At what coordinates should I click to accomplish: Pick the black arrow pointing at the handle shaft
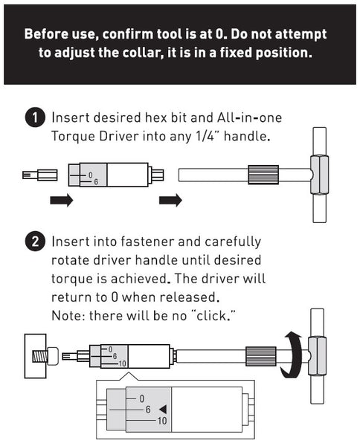[171, 201]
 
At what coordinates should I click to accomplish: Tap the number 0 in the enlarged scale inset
[141, 398]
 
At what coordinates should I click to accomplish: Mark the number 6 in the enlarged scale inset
[148, 410]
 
